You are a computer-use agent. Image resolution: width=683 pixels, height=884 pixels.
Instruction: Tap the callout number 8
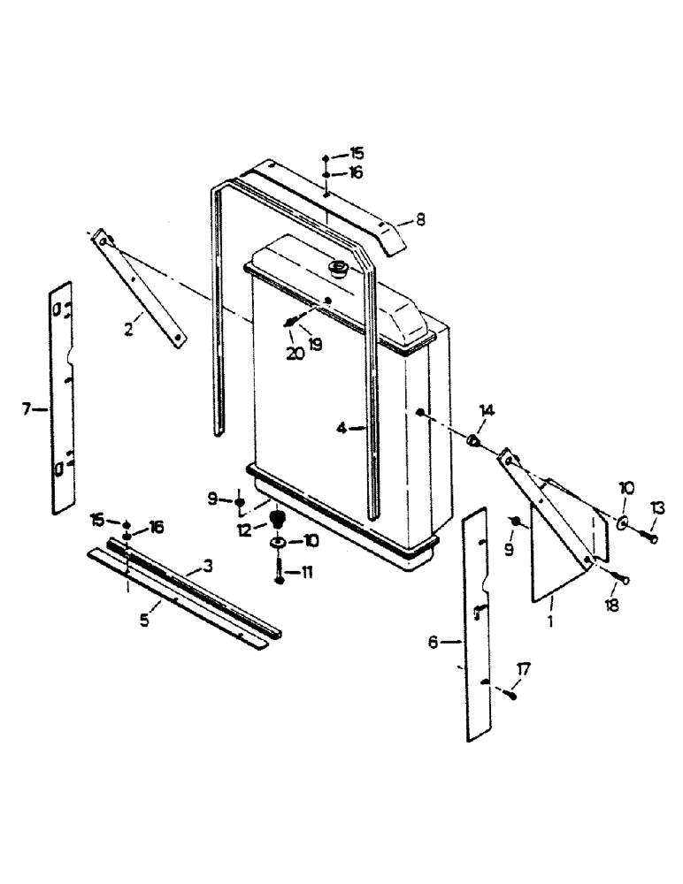420,219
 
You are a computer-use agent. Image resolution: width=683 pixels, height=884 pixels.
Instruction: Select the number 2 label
128,331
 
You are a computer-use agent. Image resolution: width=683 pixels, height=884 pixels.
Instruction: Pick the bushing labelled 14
473,439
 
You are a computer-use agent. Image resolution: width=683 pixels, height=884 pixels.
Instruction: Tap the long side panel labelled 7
62,398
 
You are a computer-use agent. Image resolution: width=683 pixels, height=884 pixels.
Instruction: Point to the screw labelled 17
510,696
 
